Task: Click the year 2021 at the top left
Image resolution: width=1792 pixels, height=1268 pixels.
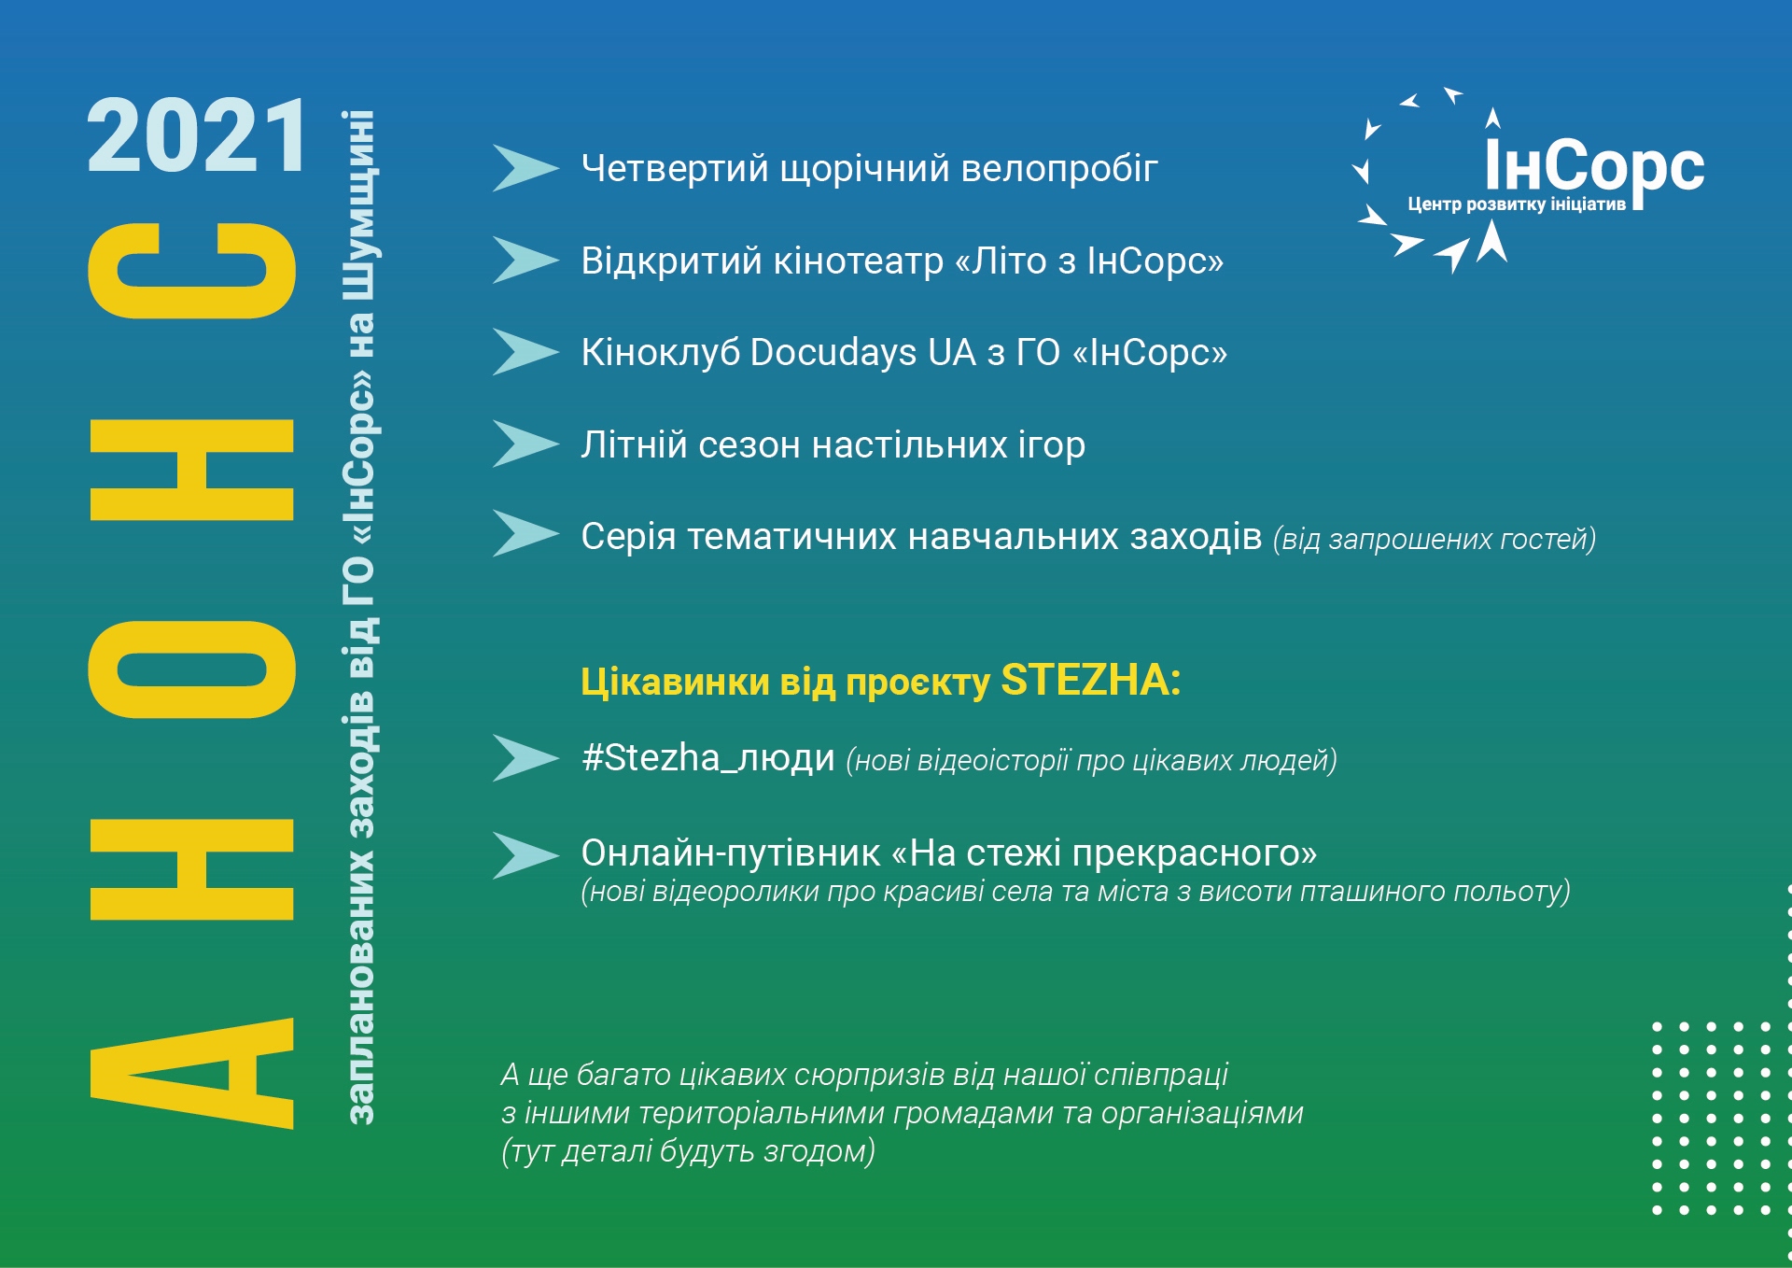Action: (x=196, y=136)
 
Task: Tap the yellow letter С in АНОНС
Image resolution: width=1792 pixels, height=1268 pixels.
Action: (x=192, y=271)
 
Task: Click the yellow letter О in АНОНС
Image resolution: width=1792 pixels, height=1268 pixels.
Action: (x=192, y=669)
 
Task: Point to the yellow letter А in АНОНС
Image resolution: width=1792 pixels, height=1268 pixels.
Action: (x=192, y=1074)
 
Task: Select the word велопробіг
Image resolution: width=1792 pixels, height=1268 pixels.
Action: (x=1059, y=170)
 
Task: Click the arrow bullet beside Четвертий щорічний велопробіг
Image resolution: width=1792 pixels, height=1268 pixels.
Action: (x=525, y=168)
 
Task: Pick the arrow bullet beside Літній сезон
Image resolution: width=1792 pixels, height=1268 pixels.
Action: (x=525, y=444)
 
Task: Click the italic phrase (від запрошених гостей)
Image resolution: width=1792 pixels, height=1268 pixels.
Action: (x=1435, y=539)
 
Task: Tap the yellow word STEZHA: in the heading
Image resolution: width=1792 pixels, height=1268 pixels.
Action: (x=1090, y=680)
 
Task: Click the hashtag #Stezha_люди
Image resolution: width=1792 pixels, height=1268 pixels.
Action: (x=707, y=757)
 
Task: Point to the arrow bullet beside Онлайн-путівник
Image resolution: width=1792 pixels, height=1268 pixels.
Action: (x=525, y=855)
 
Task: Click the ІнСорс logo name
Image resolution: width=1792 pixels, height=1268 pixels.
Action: (x=1594, y=166)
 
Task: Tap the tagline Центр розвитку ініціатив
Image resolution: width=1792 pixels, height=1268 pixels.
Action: (x=1517, y=204)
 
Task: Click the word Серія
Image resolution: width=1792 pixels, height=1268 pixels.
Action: (x=628, y=537)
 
